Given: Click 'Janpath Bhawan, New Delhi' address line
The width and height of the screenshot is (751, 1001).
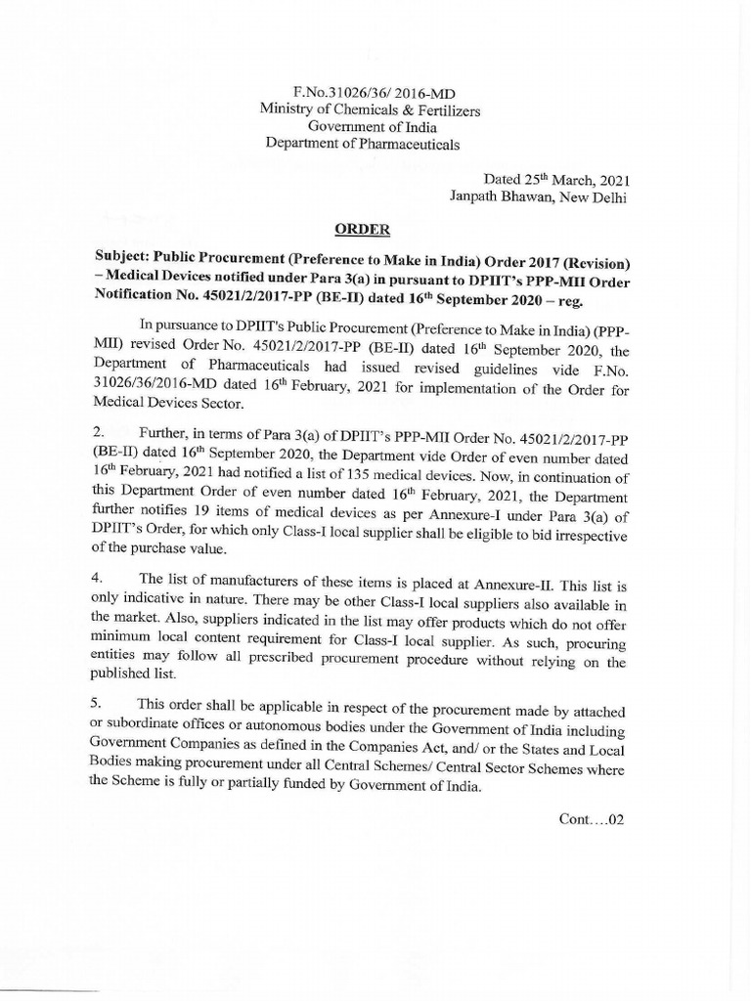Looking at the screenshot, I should coord(537,197).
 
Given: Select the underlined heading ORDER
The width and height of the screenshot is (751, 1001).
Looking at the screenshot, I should coord(362,231).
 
